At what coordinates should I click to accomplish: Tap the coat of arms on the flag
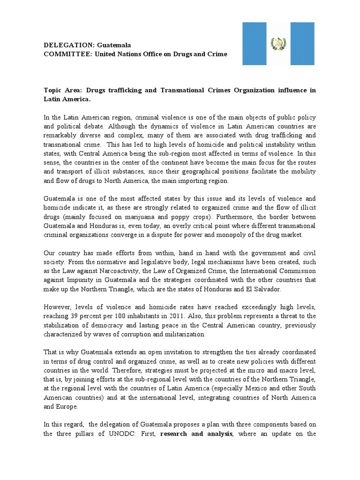coord(279,44)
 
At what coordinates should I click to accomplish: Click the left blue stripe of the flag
coord(254,44)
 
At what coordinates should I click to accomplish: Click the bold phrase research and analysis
coord(196,434)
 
